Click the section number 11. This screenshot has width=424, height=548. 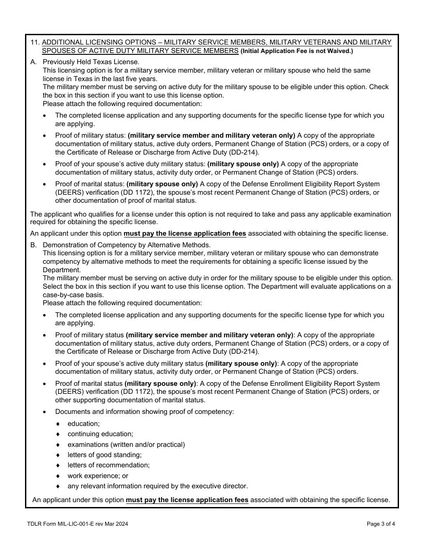pos(35,42)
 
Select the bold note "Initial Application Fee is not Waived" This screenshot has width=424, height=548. pos(297,51)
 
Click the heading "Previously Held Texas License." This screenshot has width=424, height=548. pos(91,62)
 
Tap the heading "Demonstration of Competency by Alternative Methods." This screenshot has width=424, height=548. pos(127,245)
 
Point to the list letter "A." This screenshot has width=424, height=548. pos(33,62)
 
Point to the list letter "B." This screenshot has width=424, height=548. pos(33,245)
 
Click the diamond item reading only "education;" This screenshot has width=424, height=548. pos(83,424)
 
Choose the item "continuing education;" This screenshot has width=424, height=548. pos(100,434)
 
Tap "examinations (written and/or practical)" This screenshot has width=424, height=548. pos(126,445)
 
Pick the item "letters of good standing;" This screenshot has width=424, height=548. pos(104,455)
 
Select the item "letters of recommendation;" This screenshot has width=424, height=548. pos(108,465)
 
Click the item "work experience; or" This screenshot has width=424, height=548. pos(98,476)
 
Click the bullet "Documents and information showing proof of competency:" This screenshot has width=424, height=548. pos(144,412)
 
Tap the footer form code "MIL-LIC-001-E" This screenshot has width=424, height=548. pos(78,524)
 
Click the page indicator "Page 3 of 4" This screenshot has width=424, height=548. pos(381,524)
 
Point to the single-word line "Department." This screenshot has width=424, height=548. pos(62,270)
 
